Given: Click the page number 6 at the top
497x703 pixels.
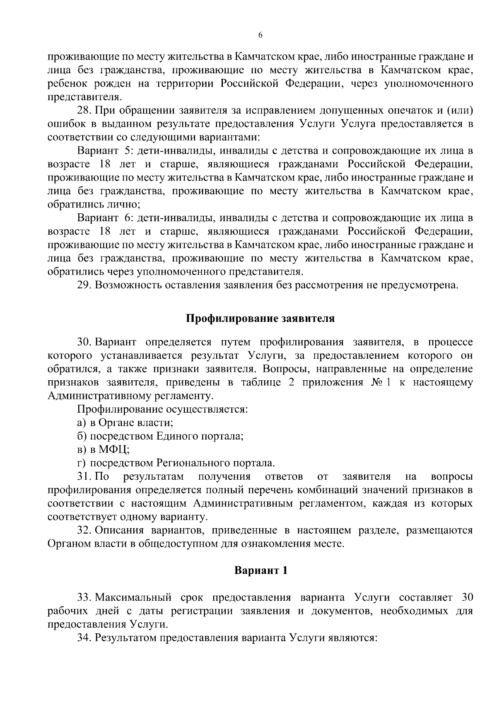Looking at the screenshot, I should [260, 36].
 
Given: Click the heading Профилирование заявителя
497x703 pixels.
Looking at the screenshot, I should [260, 319].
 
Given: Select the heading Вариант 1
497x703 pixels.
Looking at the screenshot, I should [261, 570].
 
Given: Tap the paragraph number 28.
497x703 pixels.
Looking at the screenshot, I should [84, 111].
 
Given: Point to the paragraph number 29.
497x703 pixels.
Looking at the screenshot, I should [84, 285].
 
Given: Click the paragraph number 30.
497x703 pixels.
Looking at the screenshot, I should [84, 342].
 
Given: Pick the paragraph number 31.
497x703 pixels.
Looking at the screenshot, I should [84, 476].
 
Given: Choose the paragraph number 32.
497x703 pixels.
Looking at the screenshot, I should [84, 530].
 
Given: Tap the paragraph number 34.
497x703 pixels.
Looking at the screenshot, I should [84, 638].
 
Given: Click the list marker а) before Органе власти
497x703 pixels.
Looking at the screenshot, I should [82, 423].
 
